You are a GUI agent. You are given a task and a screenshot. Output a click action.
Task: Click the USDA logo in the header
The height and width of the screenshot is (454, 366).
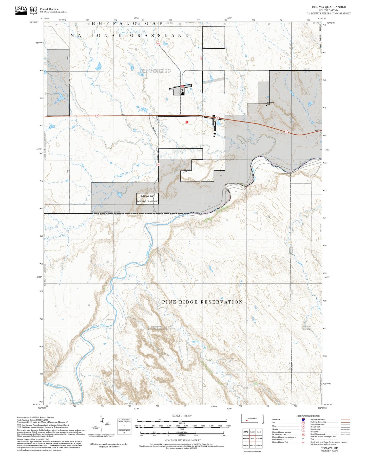(x=21, y=9)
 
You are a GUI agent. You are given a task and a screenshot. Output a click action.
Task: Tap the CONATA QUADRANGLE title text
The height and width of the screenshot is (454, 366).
(x=329, y=7)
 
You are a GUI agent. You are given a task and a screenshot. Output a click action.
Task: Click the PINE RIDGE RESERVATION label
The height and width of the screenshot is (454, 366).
(x=202, y=302)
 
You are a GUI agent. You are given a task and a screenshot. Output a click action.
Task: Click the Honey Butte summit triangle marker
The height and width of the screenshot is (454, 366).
(x=266, y=105)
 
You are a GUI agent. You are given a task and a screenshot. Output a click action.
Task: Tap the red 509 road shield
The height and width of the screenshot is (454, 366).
(x=158, y=44)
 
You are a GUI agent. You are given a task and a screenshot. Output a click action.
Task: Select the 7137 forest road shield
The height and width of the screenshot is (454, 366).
(x=158, y=164)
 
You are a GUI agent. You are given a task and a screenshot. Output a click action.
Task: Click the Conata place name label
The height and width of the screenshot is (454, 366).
(x=177, y=87)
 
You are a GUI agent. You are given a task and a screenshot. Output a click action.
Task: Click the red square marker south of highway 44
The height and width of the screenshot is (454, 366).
(x=187, y=122)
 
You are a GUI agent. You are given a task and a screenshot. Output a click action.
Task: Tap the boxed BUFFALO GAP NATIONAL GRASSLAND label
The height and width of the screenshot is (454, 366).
(x=147, y=199)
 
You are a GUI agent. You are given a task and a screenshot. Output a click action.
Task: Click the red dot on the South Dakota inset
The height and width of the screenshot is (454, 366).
(x=247, y=421)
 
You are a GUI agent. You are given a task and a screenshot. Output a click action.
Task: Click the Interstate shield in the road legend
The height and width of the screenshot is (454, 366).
(x=303, y=420)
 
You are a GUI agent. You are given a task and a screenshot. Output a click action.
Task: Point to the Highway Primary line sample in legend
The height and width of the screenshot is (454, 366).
(x=345, y=420)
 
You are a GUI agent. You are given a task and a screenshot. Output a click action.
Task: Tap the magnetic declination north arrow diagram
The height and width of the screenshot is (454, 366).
(x=102, y=425)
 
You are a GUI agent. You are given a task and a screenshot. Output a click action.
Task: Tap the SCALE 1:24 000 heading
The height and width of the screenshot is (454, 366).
(x=182, y=416)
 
